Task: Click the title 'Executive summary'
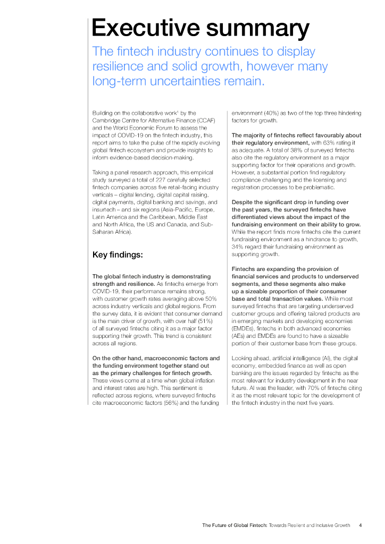[x=199, y=28]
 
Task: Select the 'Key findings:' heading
[x=118, y=254]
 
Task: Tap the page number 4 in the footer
[x=360, y=525]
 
